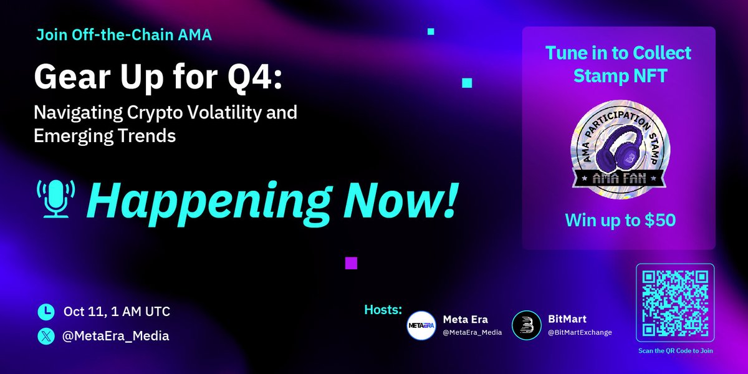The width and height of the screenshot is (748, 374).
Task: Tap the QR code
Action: tap(675, 303)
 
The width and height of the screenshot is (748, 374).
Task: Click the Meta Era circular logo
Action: tap(421, 325)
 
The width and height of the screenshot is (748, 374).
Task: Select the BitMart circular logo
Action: tap(526, 325)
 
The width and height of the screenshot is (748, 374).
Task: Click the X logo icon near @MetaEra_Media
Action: tap(46, 336)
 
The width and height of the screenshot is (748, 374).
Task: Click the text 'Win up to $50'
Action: tap(620, 220)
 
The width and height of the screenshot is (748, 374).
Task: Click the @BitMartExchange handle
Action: tap(580, 332)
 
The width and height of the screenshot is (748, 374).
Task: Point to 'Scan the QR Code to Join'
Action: tap(675, 351)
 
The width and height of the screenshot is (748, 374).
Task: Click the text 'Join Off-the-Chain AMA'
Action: tap(124, 35)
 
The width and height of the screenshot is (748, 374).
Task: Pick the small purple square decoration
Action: tap(351, 263)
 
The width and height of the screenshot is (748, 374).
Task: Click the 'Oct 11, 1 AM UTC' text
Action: tap(117, 312)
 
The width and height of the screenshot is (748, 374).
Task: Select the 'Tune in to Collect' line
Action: tap(618, 53)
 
